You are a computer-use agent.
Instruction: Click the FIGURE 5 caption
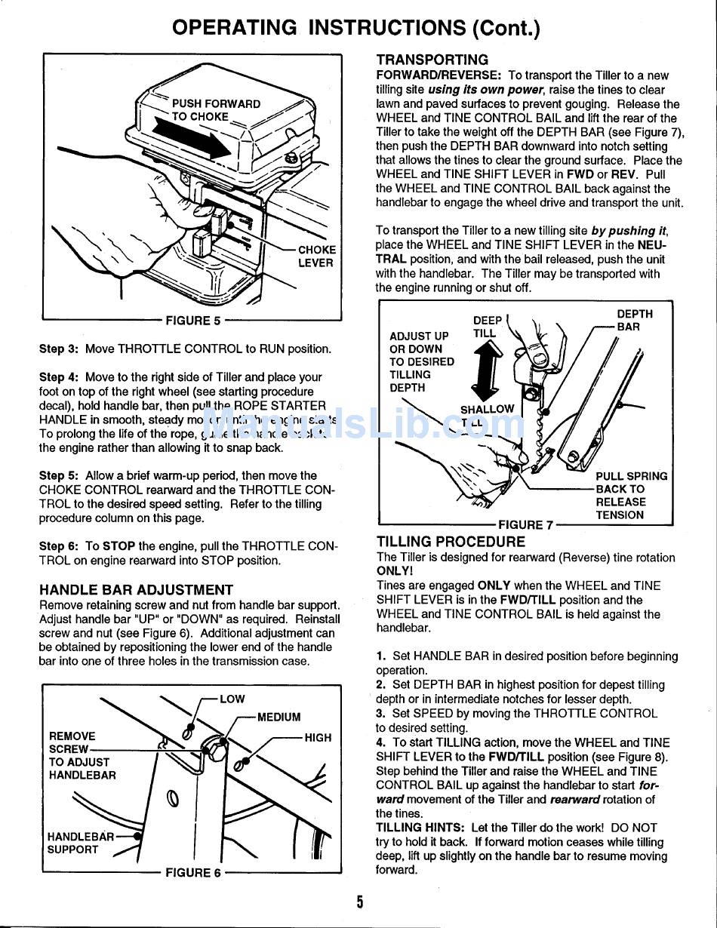pyautogui.click(x=193, y=321)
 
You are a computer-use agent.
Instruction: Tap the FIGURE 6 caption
pyautogui.click(x=193, y=873)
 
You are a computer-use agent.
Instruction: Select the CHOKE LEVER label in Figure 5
pyautogui.click(x=316, y=257)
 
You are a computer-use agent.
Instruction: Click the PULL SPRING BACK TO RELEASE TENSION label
pyautogui.click(x=631, y=496)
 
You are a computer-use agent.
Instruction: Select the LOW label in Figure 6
pyautogui.click(x=232, y=699)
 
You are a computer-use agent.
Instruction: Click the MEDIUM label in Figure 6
pyautogui.click(x=278, y=717)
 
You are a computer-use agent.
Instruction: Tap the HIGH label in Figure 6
pyautogui.click(x=318, y=738)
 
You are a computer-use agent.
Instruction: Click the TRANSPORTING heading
pyautogui.click(x=432, y=60)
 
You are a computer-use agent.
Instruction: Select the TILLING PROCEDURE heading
pyautogui.click(x=451, y=542)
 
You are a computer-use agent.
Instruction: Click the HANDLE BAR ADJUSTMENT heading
pyautogui.click(x=136, y=590)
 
